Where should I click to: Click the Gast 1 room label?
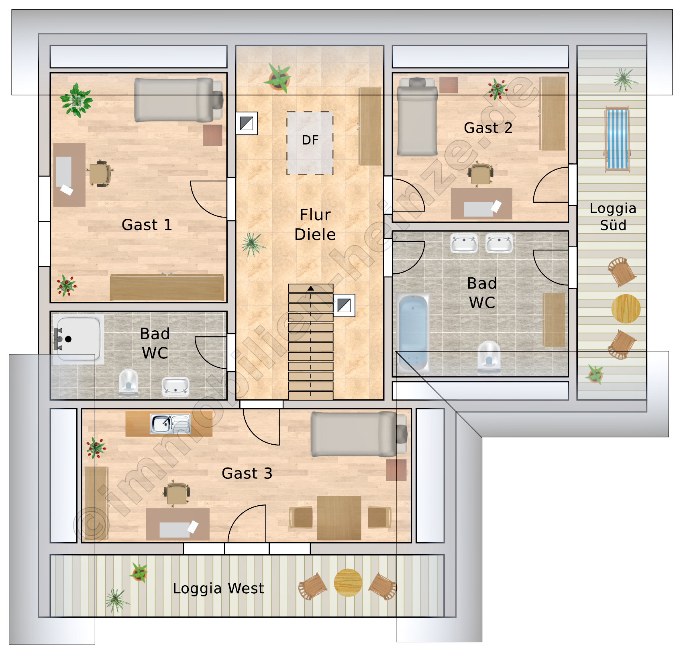[x=147, y=225]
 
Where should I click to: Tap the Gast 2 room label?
[x=488, y=128]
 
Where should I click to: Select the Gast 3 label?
[x=247, y=474]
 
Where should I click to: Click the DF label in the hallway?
[x=310, y=140]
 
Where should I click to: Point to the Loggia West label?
[x=218, y=588]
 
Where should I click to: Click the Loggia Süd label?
[x=613, y=217]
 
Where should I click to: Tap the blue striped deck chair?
[x=617, y=139]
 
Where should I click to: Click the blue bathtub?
[x=413, y=333]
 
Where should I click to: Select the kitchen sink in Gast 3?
[x=170, y=424]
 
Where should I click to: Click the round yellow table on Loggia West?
[x=348, y=582]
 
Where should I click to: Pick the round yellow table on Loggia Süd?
[x=626, y=309]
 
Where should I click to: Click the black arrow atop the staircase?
[x=310, y=288]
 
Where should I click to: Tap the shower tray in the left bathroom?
[x=77, y=339]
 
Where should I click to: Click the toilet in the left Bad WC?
[x=128, y=382]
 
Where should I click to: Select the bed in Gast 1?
[x=178, y=100]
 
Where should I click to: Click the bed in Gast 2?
[x=417, y=116]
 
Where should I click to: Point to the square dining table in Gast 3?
[x=339, y=518]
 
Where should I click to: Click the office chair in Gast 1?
[x=99, y=173]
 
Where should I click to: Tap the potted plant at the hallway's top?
[x=277, y=78]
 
